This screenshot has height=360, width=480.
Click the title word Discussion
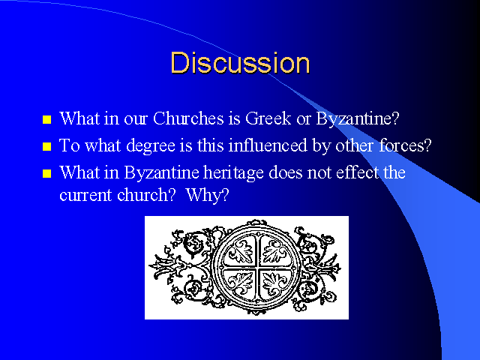tap(240, 63)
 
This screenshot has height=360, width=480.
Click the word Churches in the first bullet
tap(188, 118)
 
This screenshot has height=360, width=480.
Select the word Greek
tap(268, 118)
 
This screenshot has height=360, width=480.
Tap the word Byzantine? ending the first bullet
tap(358, 118)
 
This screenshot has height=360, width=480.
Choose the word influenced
tap(268, 145)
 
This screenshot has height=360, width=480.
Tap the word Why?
tap(207, 195)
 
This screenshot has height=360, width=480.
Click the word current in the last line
tap(85, 195)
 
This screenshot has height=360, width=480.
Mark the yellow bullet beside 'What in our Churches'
tap(46, 119)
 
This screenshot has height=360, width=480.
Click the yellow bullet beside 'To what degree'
tap(46, 146)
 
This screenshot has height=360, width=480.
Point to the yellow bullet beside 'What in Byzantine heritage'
tap(46, 173)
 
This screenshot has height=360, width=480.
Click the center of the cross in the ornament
tap(256, 267)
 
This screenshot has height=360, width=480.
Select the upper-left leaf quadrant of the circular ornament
tap(240, 251)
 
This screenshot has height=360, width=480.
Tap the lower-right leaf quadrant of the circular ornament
tap(274, 283)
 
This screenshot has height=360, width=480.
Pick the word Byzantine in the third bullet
tap(162, 173)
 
